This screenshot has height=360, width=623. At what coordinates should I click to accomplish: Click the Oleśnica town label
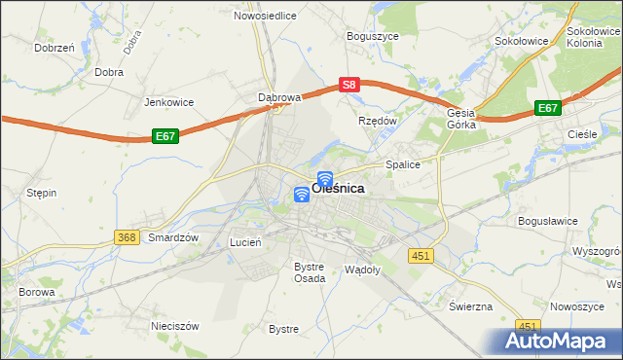pyautogui.click(x=339, y=190)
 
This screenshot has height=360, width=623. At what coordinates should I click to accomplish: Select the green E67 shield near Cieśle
pyautogui.click(x=548, y=109)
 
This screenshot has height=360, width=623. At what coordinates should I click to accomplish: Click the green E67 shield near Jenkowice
pyautogui.click(x=165, y=138)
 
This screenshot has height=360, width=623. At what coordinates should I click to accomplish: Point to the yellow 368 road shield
pyautogui.click(x=127, y=237)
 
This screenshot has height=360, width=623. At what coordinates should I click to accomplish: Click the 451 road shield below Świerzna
pyautogui.click(x=528, y=327)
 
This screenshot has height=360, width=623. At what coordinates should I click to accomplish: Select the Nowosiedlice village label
pyautogui.click(x=265, y=17)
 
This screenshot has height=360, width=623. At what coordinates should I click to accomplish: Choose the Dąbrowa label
pyautogui.click(x=280, y=97)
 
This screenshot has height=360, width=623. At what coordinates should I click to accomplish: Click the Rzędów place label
pyautogui.click(x=378, y=121)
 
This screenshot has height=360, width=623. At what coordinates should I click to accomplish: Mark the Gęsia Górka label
pyautogui.click(x=461, y=119)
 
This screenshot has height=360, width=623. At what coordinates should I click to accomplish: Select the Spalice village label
pyautogui.click(x=403, y=165)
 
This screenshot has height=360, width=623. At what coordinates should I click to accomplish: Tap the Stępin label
pyautogui.click(x=41, y=193)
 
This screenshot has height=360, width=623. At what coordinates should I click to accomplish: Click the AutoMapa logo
pyautogui.click(x=558, y=342)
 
